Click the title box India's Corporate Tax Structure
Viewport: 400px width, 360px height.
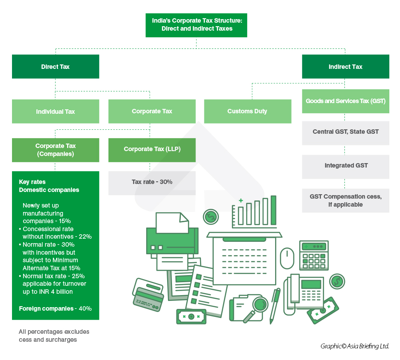[196, 25]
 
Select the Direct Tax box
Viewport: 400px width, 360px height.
[56, 67]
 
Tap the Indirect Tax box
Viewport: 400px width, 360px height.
[345, 67]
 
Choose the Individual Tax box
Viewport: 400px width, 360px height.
[56, 112]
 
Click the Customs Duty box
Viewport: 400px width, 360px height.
[247, 111]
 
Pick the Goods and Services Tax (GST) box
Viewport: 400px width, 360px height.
[345, 101]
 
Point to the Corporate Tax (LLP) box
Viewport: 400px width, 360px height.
[152, 149]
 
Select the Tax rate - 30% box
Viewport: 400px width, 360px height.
[152, 182]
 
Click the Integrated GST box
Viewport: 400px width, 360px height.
[345, 166]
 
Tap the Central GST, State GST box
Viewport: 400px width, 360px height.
[345, 132]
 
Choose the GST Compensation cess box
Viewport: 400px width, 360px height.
[345, 200]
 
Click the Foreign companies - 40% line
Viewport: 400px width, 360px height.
[55, 308]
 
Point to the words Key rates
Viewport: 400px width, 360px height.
[32, 182]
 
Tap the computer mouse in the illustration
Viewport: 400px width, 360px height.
[287, 258]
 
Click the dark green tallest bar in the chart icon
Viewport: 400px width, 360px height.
[273, 210]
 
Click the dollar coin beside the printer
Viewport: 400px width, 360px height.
[210, 217]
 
